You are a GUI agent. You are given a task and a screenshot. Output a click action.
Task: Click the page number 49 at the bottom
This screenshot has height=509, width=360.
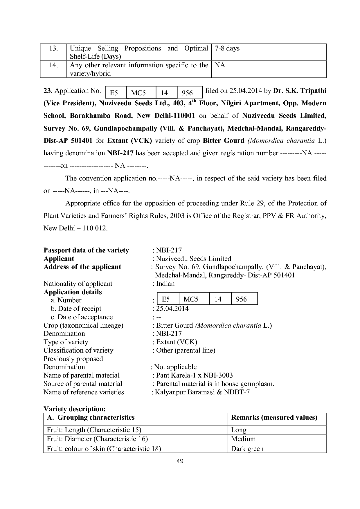click(180, 461)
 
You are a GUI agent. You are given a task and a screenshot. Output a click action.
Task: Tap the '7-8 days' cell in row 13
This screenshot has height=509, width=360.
click(227, 48)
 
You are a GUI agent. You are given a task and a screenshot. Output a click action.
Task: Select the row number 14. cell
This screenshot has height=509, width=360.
click(53, 65)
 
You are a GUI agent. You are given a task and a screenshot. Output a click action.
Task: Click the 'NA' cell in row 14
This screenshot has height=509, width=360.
click(220, 65)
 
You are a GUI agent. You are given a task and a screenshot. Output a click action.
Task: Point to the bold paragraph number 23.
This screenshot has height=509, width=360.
click(48, 91)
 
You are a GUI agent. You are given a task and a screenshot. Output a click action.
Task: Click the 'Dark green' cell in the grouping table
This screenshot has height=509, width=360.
click(247, 449)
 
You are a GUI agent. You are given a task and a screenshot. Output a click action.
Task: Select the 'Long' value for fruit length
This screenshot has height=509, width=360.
click(239, 430)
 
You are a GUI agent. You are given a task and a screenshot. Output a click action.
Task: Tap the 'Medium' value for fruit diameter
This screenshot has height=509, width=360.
click(243, 439)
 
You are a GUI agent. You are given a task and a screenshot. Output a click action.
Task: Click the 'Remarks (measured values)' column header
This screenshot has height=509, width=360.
click(274, 418)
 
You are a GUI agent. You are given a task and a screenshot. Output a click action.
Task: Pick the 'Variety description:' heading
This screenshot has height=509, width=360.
click(74, 409)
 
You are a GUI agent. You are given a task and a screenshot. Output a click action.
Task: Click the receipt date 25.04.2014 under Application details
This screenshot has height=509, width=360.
click(172, 308)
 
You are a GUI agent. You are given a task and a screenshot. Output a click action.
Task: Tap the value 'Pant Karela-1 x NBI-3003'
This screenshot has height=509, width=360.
click(194, 375)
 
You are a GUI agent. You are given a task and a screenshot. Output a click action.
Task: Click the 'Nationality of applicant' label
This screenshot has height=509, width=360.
click(78, 284)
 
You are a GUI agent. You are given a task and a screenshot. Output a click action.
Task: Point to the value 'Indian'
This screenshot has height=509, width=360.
click(165, 284)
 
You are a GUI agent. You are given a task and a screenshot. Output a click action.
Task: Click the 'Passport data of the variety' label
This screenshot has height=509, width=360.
click(86, 250)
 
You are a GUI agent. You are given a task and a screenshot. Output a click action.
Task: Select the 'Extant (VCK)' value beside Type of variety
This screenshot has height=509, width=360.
click(177, 342)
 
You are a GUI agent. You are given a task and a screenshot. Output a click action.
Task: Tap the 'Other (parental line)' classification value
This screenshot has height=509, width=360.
click(186, 350)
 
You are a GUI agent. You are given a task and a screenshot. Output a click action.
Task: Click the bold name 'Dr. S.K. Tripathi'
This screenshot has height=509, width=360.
click(300, 91)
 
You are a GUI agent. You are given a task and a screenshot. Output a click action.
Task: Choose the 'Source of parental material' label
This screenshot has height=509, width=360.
click(83, 384)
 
